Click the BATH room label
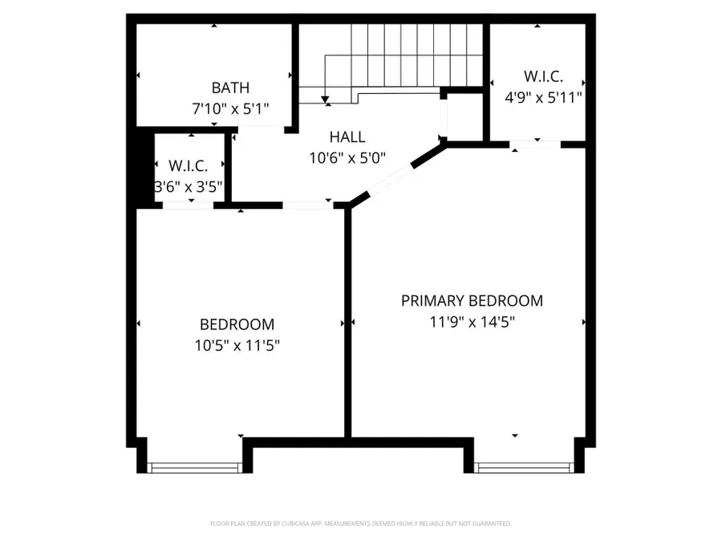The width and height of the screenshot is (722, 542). coord(230,88)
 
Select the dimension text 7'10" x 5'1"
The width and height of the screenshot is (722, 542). coord(230,107)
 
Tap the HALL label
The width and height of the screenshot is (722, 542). coord(347,137)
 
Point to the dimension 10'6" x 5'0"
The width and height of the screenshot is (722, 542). coord(347,157)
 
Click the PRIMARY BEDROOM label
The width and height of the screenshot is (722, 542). coord(472,301)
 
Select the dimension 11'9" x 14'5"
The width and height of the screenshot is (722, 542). coord(472,321)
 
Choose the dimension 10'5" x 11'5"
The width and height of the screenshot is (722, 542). coord(237,345)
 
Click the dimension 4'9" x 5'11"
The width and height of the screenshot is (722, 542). coord(542,97)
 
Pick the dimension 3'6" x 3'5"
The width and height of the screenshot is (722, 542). coord(189,187)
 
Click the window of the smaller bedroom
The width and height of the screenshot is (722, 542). coord(195,467)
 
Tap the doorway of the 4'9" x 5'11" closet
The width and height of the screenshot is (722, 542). coord(535,145)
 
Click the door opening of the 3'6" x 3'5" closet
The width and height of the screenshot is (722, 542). coord(189,206)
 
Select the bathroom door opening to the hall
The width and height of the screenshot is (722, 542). coord(261,127)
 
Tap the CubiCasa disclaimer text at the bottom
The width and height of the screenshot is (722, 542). coord(360,524)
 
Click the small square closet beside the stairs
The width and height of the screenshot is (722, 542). coord(463,116)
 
